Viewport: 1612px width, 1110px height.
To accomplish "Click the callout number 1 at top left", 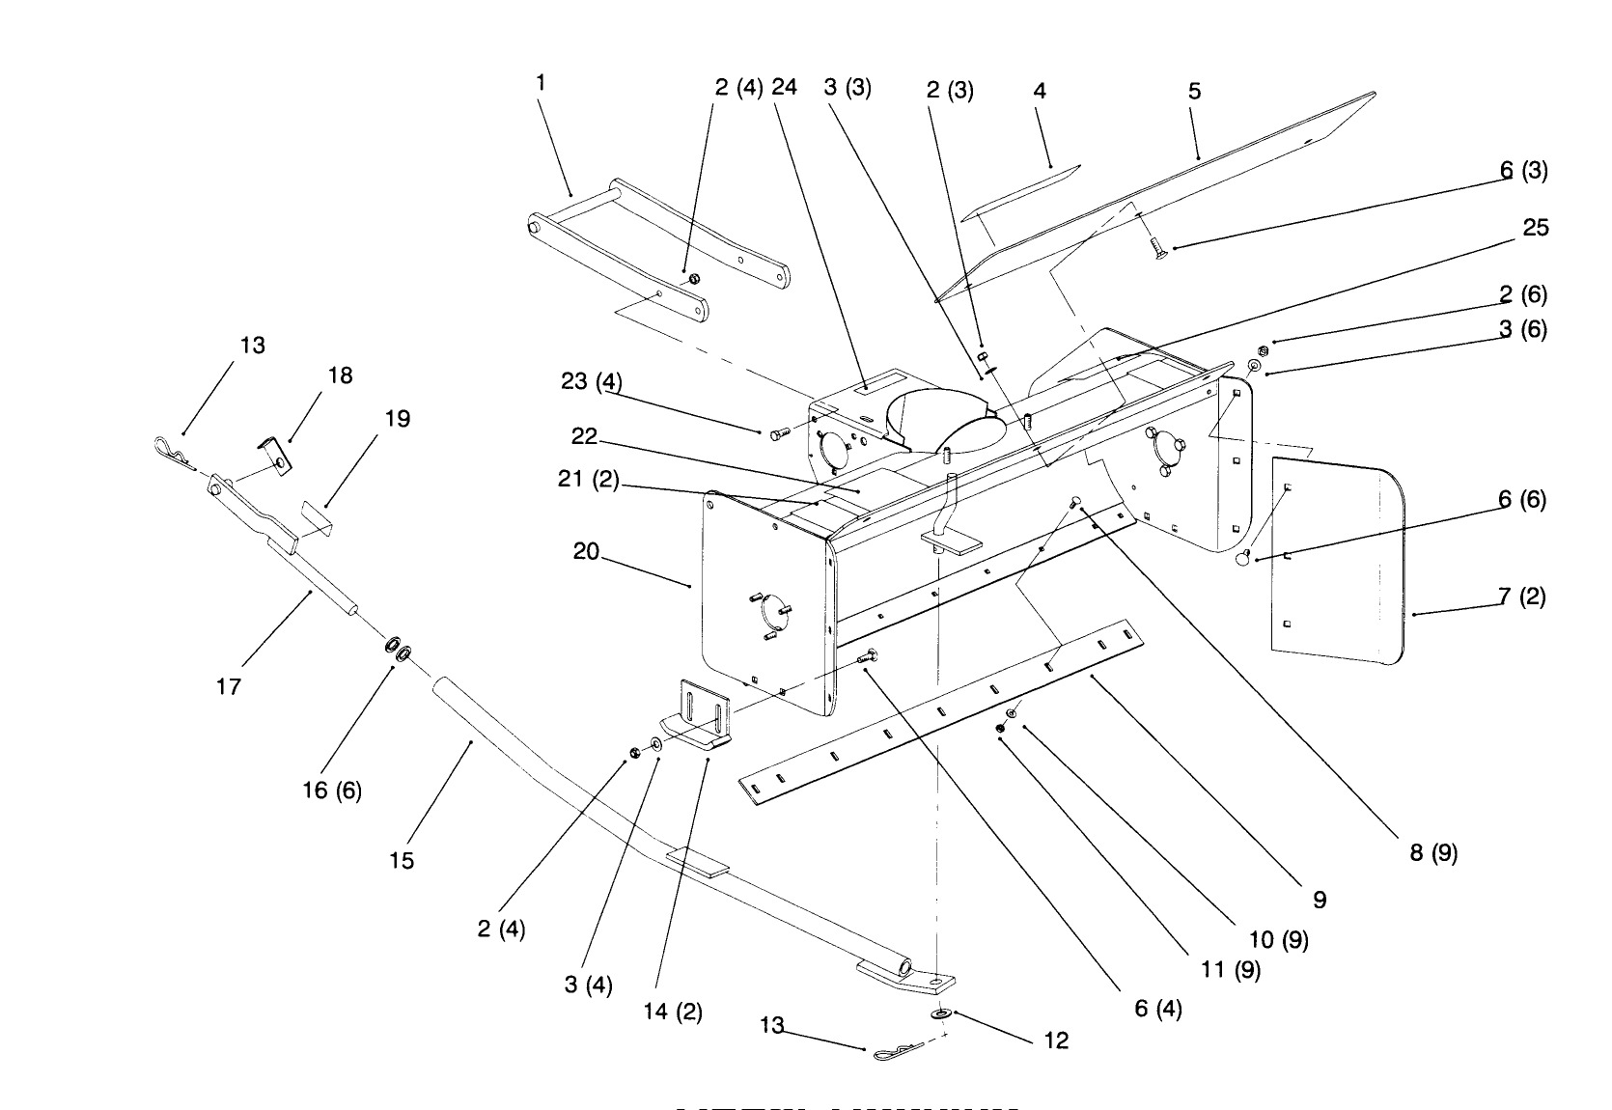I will pos(541,83).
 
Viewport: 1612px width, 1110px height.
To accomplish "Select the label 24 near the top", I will pos(785,87).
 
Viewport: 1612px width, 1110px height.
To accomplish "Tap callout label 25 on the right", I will pos(1535,228).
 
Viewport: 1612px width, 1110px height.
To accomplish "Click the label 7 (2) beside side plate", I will pos(1522,597).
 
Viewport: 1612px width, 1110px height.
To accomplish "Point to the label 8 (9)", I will pos(1433,853).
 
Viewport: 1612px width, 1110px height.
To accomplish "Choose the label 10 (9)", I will pos(1279,939).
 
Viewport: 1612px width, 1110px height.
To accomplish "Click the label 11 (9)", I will pos(1231,970).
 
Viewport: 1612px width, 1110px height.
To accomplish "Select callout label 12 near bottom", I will pos(1057,1041).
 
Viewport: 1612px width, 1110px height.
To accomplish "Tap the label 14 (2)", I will pos(673,1012).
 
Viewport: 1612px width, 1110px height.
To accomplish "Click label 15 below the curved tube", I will pos(402,860).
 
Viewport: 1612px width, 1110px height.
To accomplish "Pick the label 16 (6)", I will pos(332,791).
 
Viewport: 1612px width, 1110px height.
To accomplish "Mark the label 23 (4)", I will pos(591,381).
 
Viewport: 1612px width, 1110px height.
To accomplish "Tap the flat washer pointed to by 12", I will pos(938,1014).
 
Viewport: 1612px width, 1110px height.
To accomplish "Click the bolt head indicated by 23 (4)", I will pos(779,435).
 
